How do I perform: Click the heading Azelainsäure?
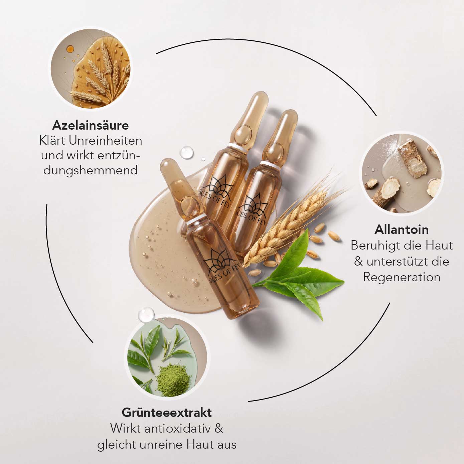tap(91, 126)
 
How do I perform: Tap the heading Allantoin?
tap(402, 230)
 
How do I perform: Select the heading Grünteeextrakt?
tap(167, 413)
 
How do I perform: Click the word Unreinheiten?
tap(106, 141)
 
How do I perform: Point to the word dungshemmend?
tap(91, 170)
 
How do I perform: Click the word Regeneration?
tap(402, 277)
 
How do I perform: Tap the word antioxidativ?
tap(177, 429)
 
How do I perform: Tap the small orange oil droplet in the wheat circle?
tap(70, 49)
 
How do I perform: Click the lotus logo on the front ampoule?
tap(219, 261)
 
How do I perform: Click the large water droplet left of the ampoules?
tap(187, 152)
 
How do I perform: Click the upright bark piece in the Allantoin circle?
tap(412, 159)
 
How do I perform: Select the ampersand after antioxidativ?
tap(218, 429)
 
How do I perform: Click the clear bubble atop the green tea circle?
tap(146, 315)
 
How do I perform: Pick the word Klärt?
tap(52, 141)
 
